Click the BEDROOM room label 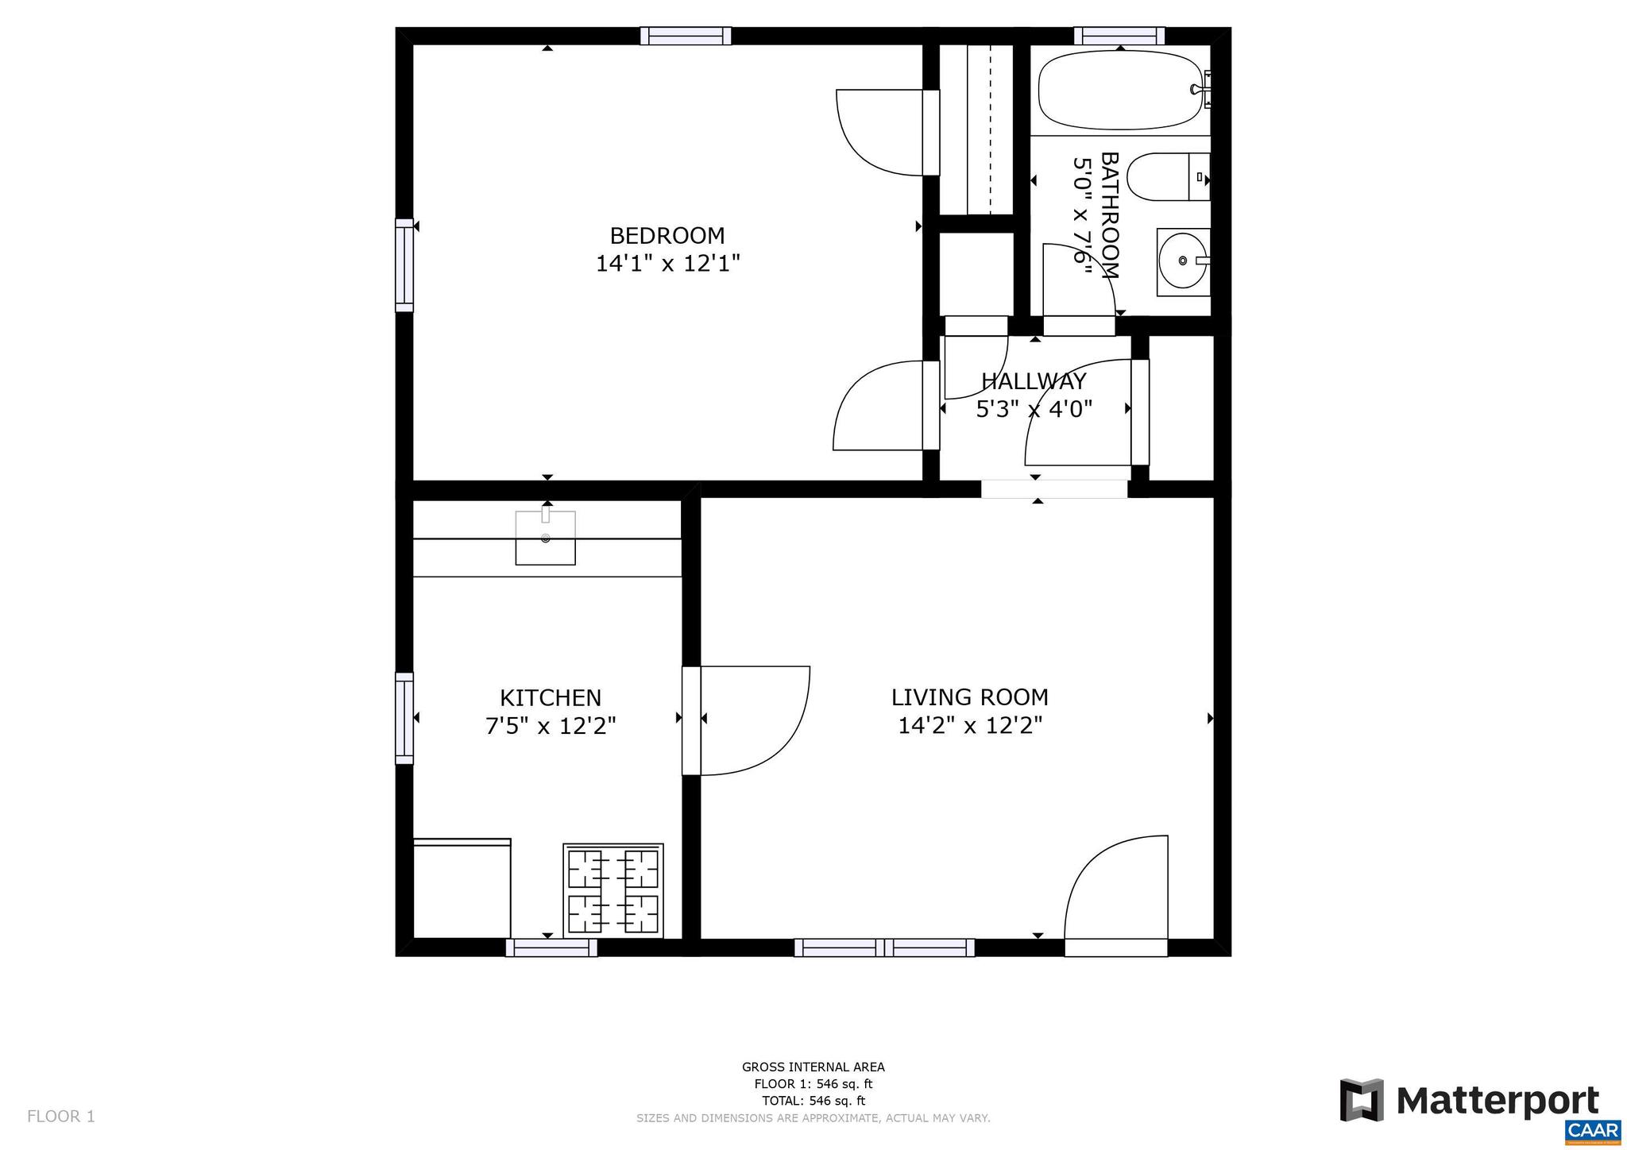coord(667,236)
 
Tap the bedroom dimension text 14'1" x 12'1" coord(667,264)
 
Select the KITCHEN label coord(550,698)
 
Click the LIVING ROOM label coord(969,697)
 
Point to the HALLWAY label coord(1033,382)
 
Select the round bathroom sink coord(1182,261)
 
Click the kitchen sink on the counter coord(545,538)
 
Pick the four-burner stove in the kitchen coord(613,891)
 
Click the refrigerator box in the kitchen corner coord(462,888)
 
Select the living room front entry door coord(1116,897)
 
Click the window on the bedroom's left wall coord(404,265)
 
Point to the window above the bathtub coord(1119,36)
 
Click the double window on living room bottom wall coord(883,947)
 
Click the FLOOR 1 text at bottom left coord(61,1117)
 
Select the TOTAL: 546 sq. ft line coord(813,1101)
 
